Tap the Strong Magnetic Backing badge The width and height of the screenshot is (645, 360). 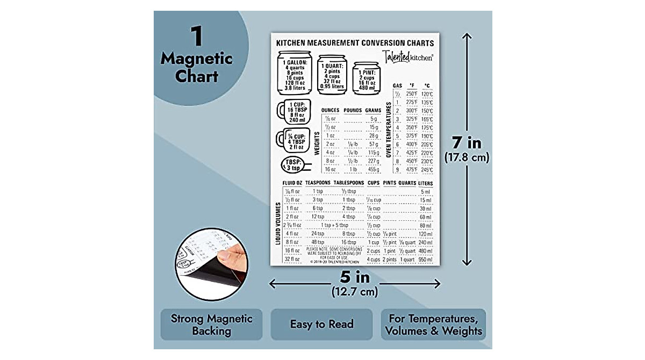[211, 325]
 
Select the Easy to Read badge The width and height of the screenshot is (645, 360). [321, 324]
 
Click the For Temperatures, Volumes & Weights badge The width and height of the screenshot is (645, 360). [433, 325]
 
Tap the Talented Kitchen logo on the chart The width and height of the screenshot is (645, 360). [408, 56]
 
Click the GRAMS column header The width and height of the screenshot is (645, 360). [372, 111]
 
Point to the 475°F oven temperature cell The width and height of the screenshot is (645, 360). [412, 170]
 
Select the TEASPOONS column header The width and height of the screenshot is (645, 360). [318, 183]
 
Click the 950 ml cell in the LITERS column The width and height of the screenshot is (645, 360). [425, 260]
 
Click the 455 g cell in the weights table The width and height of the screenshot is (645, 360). [373, 170]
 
